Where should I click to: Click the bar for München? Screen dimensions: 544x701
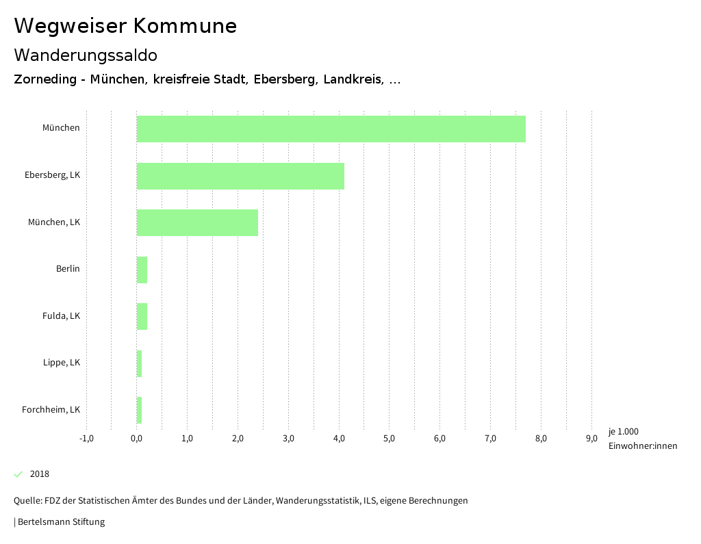coord(331,129)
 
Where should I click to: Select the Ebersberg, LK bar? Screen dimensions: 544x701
coord(240,176)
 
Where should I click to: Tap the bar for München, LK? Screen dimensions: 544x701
coord(197,222)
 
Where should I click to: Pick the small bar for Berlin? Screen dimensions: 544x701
coord(142,270)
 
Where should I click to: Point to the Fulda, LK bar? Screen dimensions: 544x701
coord(142,316)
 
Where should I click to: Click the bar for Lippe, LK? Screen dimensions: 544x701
coord(139,363)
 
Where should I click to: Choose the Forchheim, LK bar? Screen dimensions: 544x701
coord(139,410)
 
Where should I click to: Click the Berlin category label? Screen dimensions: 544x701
coord(68,269)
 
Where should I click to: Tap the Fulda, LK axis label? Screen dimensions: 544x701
coord(61,316)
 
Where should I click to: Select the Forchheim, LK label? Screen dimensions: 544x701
coord(51,410)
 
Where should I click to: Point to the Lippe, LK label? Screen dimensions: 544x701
coord(61,363)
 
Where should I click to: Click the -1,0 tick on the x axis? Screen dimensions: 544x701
coord(86,439)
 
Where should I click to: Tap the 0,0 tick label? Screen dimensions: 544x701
coord(136,439)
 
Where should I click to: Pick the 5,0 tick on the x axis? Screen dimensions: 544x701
coord(389,439)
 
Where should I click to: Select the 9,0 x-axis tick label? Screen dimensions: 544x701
coord(591,439)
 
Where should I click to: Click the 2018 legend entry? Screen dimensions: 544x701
coord(39,474)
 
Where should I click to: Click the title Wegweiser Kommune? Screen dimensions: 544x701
coord(125,26)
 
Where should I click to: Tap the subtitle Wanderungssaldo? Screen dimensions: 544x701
coord(86,55)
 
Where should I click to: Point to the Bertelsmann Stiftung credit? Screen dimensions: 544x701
coord(60,522)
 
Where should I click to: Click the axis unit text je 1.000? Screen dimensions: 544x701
coord(623,432)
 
